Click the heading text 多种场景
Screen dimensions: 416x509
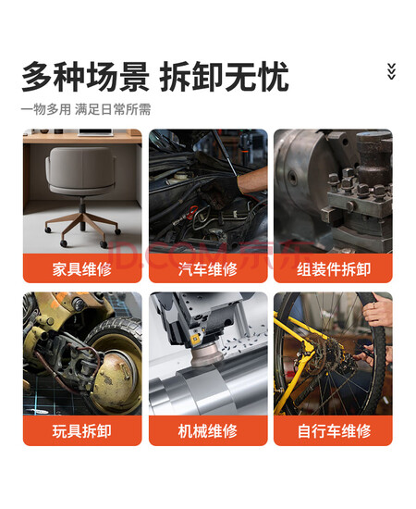coord(85,77)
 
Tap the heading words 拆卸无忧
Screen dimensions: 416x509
coord(224,77)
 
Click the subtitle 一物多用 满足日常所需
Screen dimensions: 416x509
coord(86,109)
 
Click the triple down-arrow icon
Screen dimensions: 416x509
coord(391,71)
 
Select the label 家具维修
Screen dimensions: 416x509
coord(82,269)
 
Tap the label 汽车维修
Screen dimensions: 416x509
coord(208,269)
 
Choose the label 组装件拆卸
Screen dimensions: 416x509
coord(334,269)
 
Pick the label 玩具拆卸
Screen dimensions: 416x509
coord(82,431)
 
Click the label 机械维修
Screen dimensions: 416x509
coord(208,431)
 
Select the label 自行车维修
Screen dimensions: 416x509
coord(334,431)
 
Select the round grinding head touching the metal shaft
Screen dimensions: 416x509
coord(207,354)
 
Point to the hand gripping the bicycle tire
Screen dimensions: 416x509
coord(378,310)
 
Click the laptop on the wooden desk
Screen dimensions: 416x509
coord(95,132)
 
